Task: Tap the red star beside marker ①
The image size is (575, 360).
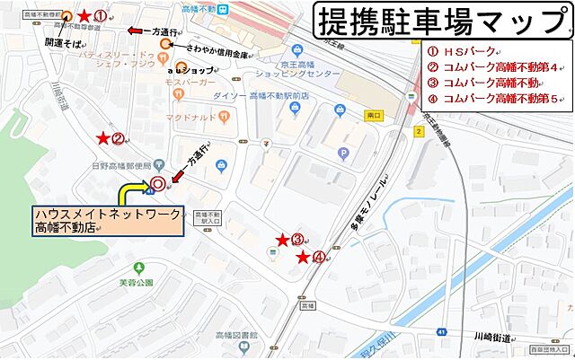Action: pos(84,16)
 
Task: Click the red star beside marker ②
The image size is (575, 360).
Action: pos(104,138)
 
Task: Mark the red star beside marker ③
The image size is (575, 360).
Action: pos(282,240)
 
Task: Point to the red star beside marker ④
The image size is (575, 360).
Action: pos(303,258)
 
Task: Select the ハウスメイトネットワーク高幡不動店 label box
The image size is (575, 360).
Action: pos(107,221)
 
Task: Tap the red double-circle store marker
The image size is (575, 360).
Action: pos(157,184)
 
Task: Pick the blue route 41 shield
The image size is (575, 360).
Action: pos(442,332)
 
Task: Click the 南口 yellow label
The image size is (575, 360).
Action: pos(374,116)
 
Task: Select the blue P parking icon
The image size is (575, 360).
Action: pos(342,153)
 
